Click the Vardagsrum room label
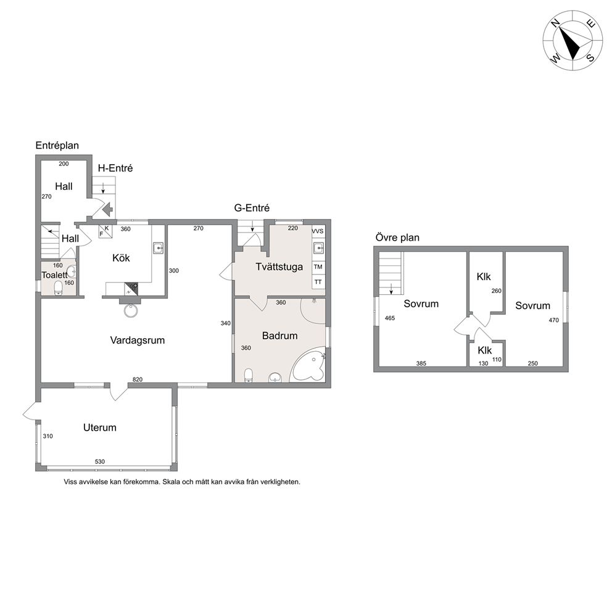coord(138,341)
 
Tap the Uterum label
coord(100,428)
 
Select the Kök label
coord(121,258)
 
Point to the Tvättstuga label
coord(279,267)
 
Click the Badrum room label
coord(280,336)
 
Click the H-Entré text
coord(115,168)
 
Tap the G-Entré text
coord(252,208)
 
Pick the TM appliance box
coord(318,267)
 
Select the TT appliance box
coord(318,282)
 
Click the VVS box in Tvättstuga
coord(318,231)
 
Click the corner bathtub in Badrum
coord(309,365)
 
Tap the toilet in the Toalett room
coord(58,288)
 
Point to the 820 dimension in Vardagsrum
coord(138,379)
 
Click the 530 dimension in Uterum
coord(100,461)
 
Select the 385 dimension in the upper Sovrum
coord(421,363)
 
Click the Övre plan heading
coord(397,238)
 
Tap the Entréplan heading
coord(57,146)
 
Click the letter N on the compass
coord(555,23)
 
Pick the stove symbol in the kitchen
coord(131,289)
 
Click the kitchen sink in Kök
coord(158,247)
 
